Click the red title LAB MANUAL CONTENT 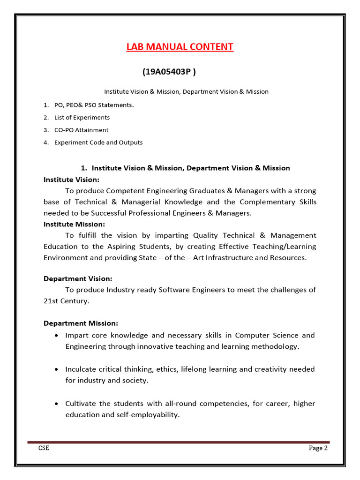180,47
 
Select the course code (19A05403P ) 169,72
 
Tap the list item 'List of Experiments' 82,118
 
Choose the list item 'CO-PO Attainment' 81,130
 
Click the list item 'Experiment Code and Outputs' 98,142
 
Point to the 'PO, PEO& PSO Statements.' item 94,105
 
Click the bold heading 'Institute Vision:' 71,180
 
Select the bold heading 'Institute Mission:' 74,224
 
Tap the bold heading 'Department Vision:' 78,279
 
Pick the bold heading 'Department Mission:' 81,323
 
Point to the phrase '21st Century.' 66,301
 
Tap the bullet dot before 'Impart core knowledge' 56,336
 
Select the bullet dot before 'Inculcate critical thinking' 56,370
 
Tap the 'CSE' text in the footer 44,448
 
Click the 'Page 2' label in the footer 318,448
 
